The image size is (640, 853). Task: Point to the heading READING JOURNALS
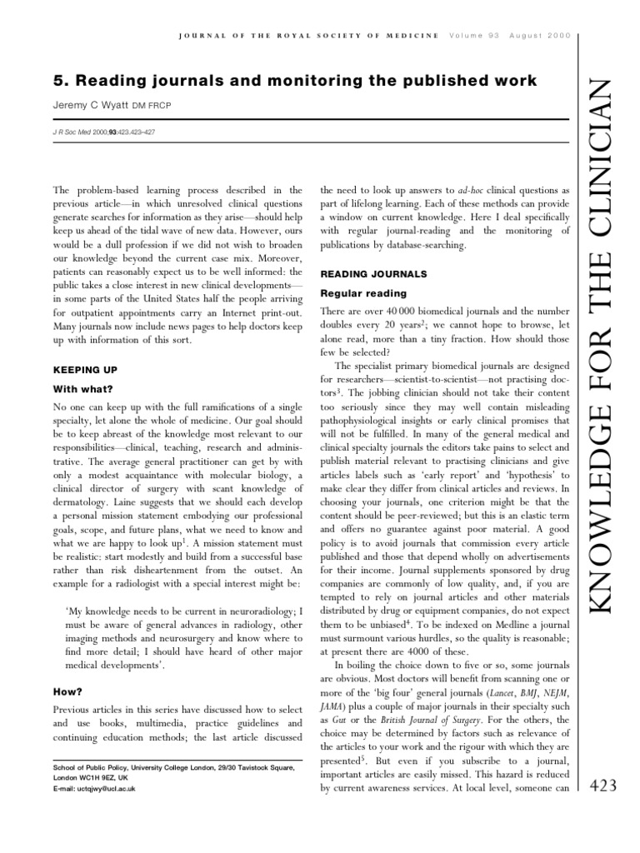pyautogui.click(x=373, y=273)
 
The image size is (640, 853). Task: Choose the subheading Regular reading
pyautogui.click(x=363, y=293)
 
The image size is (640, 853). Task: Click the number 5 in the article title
pyautogui.click(x=59, y=80)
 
